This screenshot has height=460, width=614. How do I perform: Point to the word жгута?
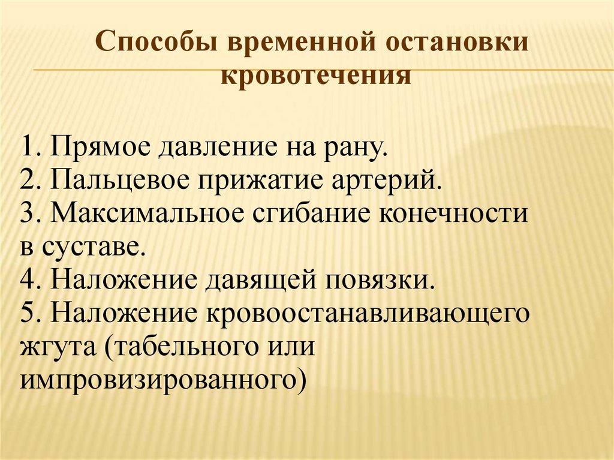[x=56, y=346]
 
